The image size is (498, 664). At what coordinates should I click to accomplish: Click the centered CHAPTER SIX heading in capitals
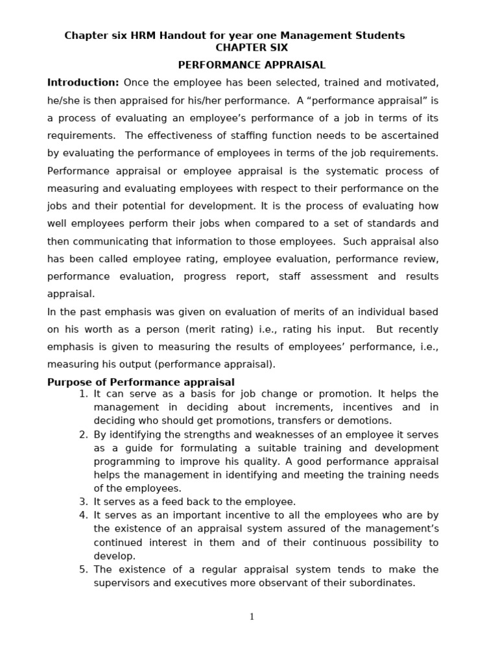(x=252, y=48)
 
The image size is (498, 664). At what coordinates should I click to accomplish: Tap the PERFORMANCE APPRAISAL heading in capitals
(x=252, y=65)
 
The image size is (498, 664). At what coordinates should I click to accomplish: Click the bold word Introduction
(x=83, y=83)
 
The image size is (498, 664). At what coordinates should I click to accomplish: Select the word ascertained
(x=405, y=136)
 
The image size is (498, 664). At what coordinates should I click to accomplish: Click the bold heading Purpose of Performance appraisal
(x=141, y=383)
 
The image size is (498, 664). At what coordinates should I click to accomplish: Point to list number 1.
(x=82, y=394)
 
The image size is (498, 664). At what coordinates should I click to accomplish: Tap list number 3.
(x=82, y=502)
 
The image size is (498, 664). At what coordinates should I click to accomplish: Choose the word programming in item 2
(x=121, y=462)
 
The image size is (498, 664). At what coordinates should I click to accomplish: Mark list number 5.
(x=82, y=569)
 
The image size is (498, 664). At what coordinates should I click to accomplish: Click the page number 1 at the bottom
(x=252, y=617)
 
